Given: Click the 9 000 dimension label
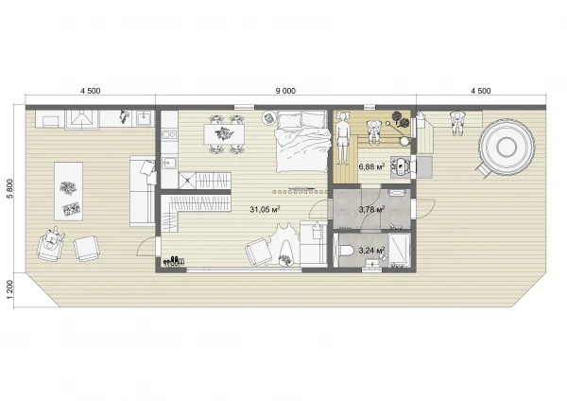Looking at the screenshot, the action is click(285, 91).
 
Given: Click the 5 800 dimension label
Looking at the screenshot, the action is click(9, 188).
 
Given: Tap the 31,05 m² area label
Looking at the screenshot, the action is click(265, 209).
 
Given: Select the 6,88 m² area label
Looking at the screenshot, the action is click(371, 166).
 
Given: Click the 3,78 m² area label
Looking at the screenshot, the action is click(371, 209).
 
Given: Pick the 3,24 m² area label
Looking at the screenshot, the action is click(371, 250).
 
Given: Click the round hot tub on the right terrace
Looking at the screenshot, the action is click(506, 147).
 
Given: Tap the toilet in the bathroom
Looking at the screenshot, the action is click(348, 251).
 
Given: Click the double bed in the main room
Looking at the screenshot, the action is click(302, 141).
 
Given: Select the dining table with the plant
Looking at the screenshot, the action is click(224, 134).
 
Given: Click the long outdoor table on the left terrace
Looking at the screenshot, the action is click(68, 191).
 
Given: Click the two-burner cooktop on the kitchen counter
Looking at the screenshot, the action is click(169, 135).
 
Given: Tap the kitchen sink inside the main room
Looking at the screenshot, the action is click(169, 163).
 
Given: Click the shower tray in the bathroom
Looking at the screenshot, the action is click(399, 251).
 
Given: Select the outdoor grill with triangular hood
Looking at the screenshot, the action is click(81, 119).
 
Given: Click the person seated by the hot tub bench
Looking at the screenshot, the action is click(457, 123).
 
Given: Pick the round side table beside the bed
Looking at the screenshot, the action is click(268, 117).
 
